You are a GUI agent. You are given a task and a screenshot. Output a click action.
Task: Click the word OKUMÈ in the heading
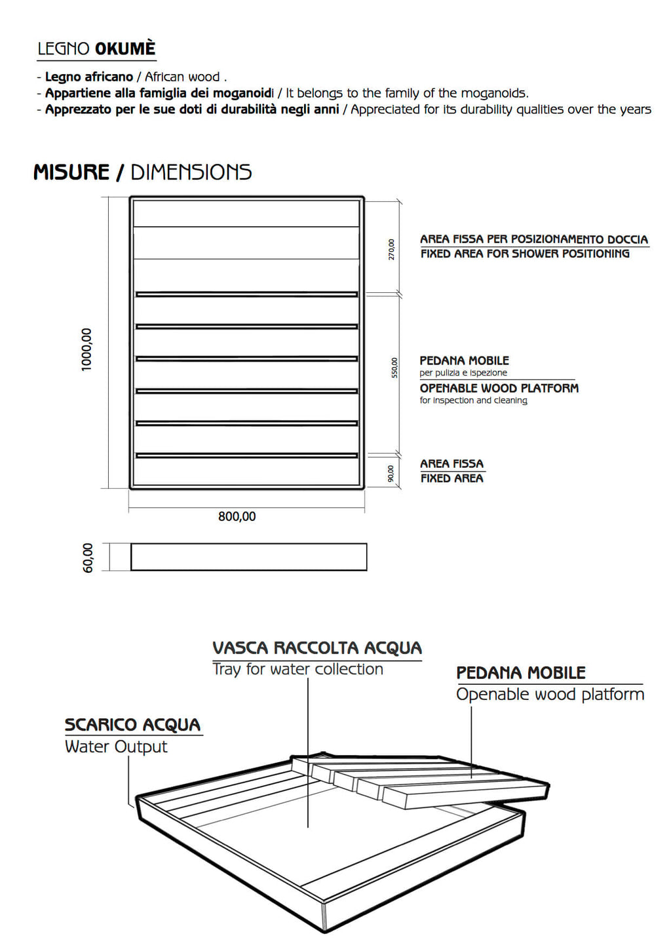[x=125, y=49]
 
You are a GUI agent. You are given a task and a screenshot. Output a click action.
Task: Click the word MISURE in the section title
[x=71, y=172]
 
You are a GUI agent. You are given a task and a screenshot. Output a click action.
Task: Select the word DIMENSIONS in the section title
[x=191, y=172]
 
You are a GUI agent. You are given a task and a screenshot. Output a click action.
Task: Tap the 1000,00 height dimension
[x=86, y=349]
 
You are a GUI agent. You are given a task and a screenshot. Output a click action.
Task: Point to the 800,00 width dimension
[x=237, y=516]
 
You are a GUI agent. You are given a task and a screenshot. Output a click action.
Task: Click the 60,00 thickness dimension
[x=88, y=558]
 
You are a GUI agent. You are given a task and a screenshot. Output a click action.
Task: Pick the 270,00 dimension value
[x=392, y=249]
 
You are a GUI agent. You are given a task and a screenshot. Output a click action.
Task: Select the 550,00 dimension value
[x=394, y=367]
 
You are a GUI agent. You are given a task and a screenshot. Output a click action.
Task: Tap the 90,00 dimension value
[x=391, y=473]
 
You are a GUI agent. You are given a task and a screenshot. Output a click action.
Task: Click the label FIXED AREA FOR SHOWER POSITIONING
[x=525, y=254]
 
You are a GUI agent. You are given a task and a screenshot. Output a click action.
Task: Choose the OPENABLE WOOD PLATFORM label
[x=499, y=388]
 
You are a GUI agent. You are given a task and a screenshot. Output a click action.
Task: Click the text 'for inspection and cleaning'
[x=473, y=400]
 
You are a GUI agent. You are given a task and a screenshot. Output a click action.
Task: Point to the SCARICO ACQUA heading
[x=132, y=725]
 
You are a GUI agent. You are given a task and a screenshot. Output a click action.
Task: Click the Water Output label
[x=116, y=746]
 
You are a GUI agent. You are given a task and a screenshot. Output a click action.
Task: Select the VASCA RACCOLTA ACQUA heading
[x=317, y=648]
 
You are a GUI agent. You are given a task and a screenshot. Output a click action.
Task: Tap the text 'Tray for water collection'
[x=297, y=669]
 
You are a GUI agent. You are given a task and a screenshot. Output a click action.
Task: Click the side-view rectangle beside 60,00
[x=248, y=557]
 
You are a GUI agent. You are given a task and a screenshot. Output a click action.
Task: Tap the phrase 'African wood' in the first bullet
[x=182, y=77]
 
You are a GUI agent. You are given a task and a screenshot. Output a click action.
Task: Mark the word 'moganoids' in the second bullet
[x=493, y=93]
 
